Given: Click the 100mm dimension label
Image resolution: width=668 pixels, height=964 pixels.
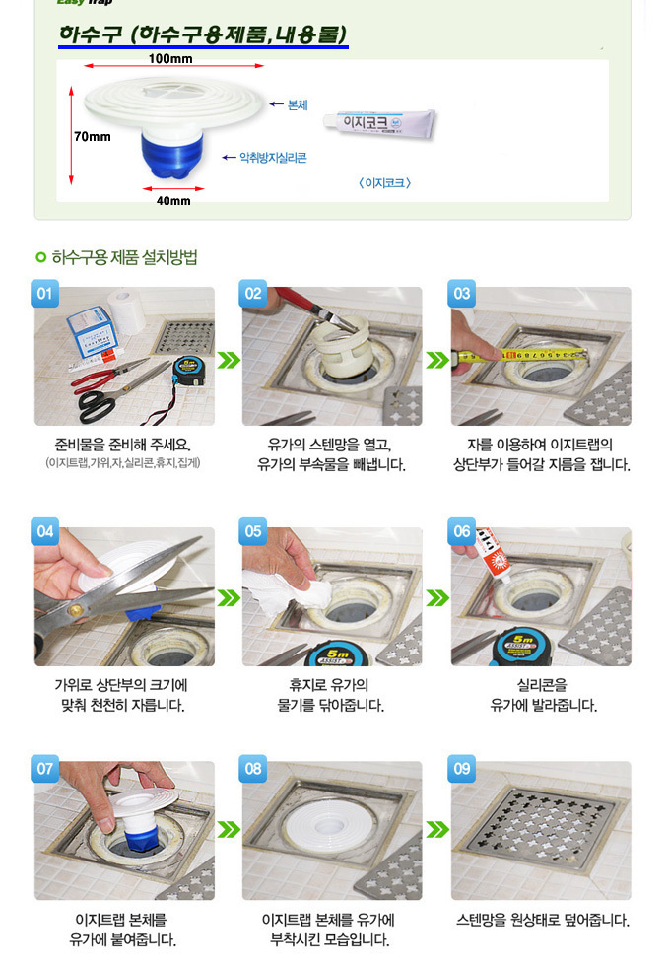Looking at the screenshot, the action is coord(170,58).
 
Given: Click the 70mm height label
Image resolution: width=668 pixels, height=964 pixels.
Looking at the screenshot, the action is coord(93,136).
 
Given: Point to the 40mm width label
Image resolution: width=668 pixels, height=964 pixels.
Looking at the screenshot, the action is coord(173,200).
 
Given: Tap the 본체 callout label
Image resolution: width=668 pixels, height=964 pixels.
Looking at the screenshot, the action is coord(298,105).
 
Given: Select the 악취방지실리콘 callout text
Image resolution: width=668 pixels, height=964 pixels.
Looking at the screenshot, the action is coord(273,158).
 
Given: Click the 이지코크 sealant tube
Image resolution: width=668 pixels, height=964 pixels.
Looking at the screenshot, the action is coord(379,124).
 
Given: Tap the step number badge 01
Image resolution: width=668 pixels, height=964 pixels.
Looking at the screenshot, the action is coord(45,294).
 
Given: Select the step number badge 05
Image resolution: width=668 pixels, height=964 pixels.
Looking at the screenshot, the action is coord(252,531).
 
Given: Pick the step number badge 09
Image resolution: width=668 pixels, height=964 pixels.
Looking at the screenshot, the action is coord(461,769).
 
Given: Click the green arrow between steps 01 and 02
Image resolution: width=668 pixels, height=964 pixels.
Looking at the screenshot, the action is coord(229,360).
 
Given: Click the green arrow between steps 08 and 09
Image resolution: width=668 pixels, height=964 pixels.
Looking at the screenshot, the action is coord(436,829).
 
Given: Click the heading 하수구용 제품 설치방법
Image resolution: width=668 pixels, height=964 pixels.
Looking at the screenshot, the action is coord(124,257).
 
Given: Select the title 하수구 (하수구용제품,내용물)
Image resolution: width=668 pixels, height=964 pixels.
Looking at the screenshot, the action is coord(203,34).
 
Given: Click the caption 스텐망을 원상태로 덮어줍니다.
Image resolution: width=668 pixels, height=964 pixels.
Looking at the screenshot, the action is coord(543,920).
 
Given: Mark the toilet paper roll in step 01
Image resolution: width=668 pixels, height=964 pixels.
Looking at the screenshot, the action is coord(126,310).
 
